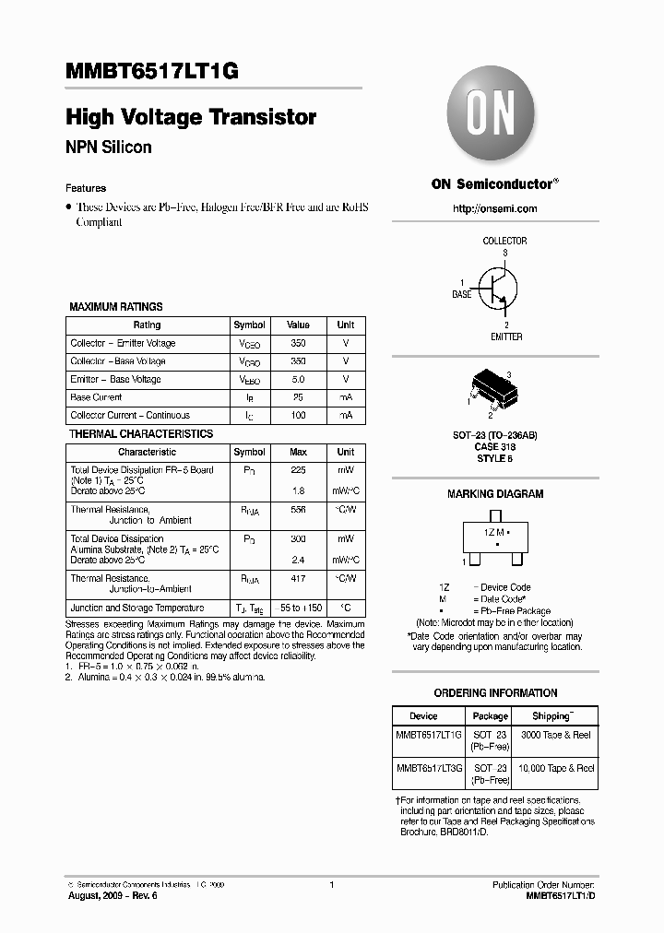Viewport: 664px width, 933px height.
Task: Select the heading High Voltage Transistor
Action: click(x=191, y=117)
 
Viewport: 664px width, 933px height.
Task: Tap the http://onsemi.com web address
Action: click(x=495, y=208)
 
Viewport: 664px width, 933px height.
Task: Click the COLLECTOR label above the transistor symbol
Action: click(x=504, y=241)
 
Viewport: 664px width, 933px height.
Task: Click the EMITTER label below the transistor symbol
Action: click(x=505, y=337)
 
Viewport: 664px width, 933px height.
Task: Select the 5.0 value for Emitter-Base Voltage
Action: click(x=298, y=379)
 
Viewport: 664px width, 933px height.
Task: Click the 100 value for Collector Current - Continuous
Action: click(x=298, y=416)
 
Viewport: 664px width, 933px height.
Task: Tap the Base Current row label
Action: click(x=96, y=397)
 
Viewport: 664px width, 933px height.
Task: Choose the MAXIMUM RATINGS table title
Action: click(x=116, y=307)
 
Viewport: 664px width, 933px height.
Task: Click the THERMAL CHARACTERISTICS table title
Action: click(x=141, y=434)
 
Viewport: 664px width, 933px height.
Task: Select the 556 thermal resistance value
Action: click(x=298, y=510)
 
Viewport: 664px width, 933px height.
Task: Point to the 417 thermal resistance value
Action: click(x=298, y=579)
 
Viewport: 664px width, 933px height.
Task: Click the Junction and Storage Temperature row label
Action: click(x=137, y=608)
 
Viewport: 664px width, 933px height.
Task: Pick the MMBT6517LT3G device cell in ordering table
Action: click(x=430, y=768)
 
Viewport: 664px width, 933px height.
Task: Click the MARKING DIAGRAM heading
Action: click(x=495, y=494)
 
